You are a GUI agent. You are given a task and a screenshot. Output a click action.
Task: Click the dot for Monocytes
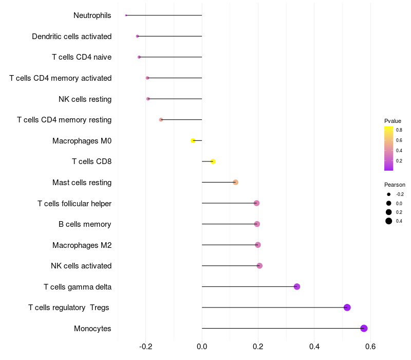364,328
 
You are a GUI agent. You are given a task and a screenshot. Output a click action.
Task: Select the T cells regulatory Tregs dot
347,308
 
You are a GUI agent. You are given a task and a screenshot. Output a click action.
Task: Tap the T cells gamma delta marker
297,286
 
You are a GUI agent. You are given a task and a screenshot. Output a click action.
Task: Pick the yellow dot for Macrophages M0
193,140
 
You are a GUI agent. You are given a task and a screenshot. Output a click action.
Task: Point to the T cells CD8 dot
213,161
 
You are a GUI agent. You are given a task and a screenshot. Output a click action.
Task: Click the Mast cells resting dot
235,182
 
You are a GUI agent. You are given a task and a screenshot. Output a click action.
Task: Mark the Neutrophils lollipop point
126,15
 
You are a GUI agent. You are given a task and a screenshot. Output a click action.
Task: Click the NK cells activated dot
259,266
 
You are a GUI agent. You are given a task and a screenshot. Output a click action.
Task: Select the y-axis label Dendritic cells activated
71,37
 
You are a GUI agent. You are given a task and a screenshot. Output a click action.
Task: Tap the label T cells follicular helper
74,204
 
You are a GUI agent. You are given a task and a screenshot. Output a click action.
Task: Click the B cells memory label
85,224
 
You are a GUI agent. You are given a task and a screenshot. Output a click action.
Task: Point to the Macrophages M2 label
82,245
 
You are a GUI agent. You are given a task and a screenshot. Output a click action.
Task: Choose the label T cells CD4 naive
82,57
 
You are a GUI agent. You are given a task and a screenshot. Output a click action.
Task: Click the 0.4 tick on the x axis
314,346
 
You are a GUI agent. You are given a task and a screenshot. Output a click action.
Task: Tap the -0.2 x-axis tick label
145,346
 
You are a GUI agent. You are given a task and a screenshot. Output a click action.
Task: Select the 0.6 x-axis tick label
370,346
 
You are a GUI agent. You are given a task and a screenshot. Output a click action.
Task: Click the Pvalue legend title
393,121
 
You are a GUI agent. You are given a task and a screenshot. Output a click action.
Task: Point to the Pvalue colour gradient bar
389,148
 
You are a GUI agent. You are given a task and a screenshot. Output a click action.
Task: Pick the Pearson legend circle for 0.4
389,221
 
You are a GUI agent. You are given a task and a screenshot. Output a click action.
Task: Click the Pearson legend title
395,185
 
